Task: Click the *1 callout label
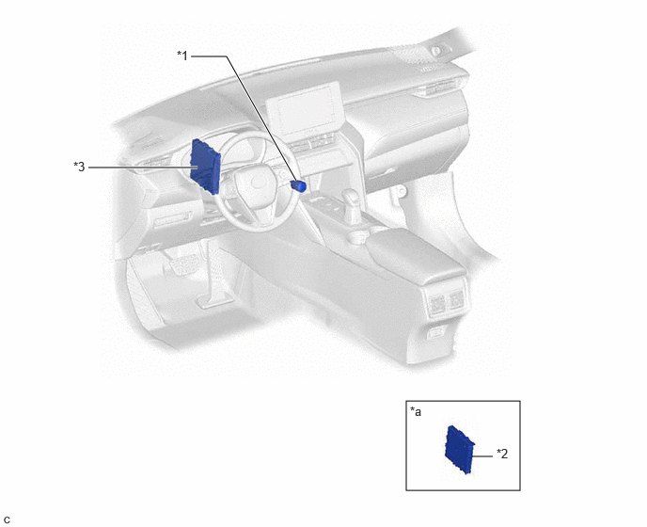(x=182, y=55)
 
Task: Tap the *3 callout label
(x=79, y=167)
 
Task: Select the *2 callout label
(x=502, y=454)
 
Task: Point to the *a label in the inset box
(x=416, y=412)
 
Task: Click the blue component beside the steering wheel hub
(x=298, y=185)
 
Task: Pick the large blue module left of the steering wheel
(x=205, y=167)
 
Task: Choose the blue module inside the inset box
(x=459, y=449)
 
